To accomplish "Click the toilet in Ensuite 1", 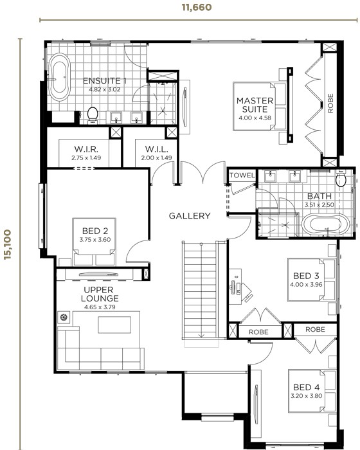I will click(x=93, y=114).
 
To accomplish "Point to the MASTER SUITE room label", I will click(x=255, y=105).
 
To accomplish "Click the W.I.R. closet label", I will click(x=86, y=149).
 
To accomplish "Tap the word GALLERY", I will click(x=190, y=216).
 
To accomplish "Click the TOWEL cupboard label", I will click(x=242, y=175).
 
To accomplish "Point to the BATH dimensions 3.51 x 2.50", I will click(x=319, y=205).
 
